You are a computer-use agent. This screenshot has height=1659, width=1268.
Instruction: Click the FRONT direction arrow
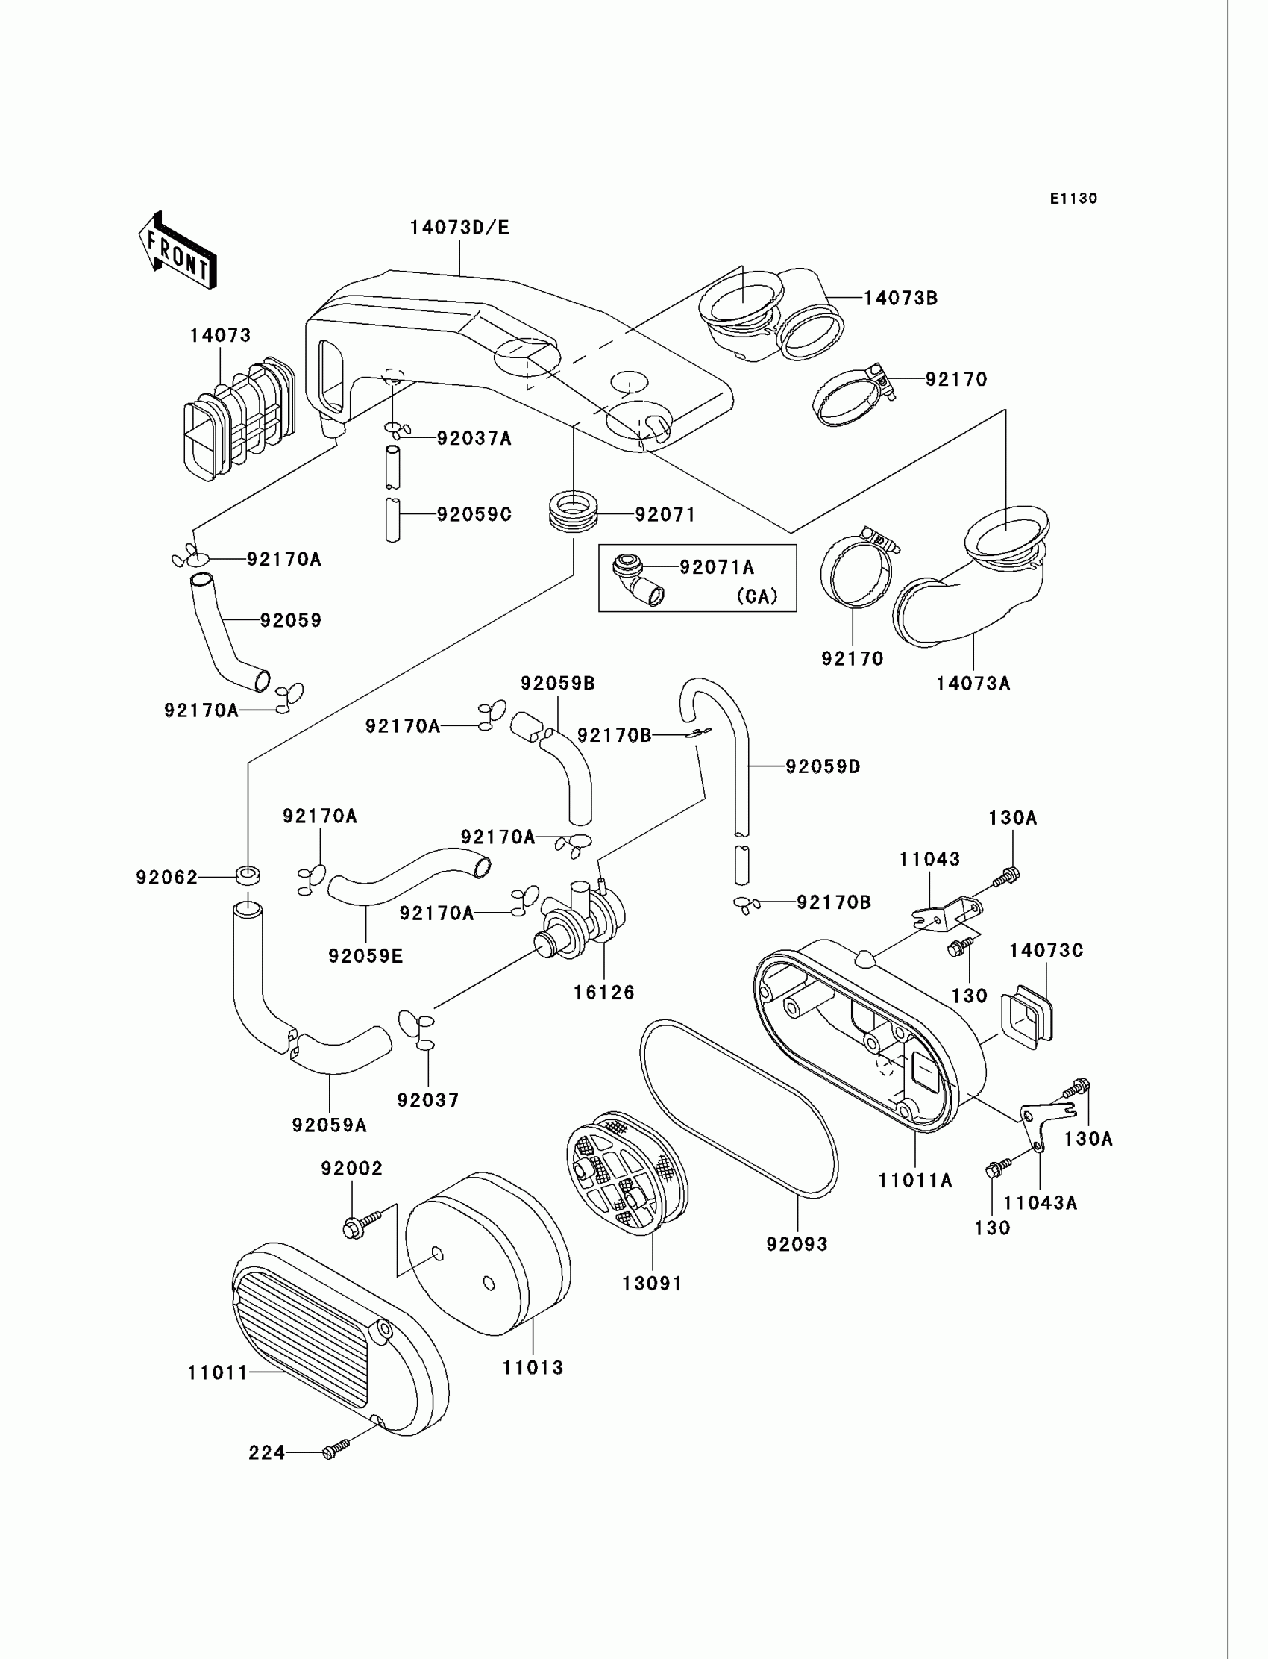[x=178, y=251]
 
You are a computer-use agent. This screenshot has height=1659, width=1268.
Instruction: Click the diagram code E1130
[x=1073, y=199]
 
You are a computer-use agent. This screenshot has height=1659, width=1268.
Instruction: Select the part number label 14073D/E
[x=459, y=228]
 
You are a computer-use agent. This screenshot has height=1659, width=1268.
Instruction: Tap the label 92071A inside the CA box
[x=716, y=567]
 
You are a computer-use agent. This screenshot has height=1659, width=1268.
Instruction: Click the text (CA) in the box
[x=757, y=596]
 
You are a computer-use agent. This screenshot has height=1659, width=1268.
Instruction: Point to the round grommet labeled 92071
[x=573, y=511]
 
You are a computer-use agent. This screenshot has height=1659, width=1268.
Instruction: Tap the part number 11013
[x=533, y=1367]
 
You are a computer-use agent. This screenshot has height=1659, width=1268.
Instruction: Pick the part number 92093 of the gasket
[x=797, y=1243]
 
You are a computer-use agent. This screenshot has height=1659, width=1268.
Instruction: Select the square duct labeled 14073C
[x=1026, y=1013]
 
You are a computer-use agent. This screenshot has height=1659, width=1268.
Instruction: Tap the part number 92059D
[x=823, y=766]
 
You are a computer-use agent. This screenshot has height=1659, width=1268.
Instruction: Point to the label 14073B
[x=900, y=299]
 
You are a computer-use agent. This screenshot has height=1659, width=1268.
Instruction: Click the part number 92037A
[x=474, y=438]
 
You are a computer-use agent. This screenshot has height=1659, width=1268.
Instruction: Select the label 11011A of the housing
[x=914, y=1180]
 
